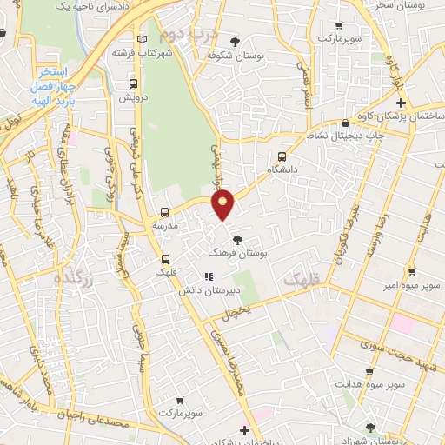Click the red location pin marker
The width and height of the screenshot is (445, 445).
223,204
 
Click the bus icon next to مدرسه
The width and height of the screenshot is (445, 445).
165,212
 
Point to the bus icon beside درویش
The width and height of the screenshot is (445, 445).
133,84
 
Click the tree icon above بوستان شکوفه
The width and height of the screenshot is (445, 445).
235,42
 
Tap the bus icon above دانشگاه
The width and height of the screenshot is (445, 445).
281,156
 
